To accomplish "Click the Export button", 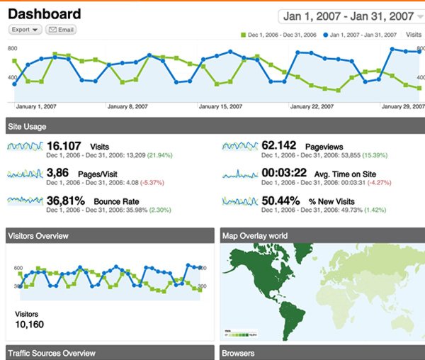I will pyautogui.click(x=25, y=30).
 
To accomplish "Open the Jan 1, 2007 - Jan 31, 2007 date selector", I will pyautogui.click(x=348, y=16).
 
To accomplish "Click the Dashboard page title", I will pyautogui.click(x=44, y=13).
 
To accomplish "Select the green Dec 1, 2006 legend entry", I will pyautogui.click(x=279, y=34).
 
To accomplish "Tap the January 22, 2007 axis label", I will pyautogui.click(x=312, y=107).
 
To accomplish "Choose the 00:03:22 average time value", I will pyautogui.click(x=284, y=172).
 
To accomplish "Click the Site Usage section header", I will pyautogui.click(x=27, y=127).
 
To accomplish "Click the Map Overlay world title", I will pyautogui.click(x=255, y=235).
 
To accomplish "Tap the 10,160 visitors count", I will pyautogui.click(x=29, y=325).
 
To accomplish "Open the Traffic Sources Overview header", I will pyautogui.click(x=50, y=353).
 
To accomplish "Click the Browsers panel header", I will pyautogui.click(x=238, y=353).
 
